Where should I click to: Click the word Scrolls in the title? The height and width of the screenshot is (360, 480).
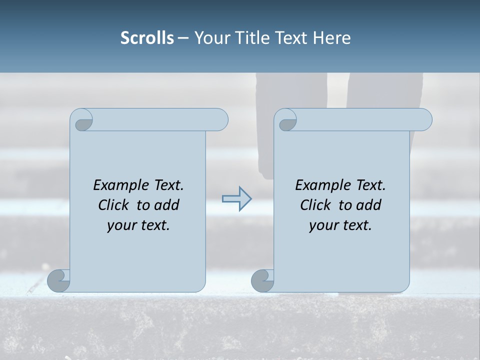tap(147, 38)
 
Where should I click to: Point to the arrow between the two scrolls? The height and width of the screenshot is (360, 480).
tap(237, 198)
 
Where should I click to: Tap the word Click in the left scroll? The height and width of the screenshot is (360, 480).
tap(115, 205)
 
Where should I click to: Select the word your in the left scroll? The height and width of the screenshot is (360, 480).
tap(121, 225)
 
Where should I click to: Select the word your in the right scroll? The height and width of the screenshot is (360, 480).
tap(323, 225)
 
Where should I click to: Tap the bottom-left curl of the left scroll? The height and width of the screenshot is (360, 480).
tap(58, 280)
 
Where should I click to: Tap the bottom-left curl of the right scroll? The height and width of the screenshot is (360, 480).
tap(262, 280)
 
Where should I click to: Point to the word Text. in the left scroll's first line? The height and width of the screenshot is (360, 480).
tap(167, 185)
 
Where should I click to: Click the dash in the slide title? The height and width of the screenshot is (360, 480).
tap(183, 38)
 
